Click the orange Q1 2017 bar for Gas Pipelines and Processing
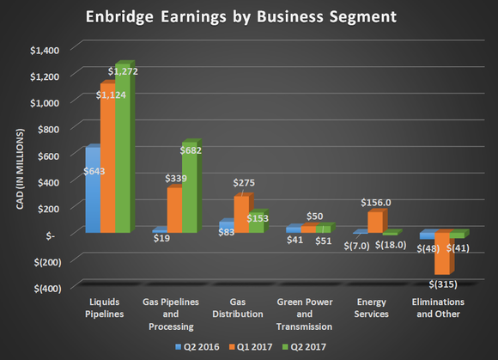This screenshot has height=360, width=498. (173, 211)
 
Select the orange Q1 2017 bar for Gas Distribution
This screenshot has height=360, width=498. (241, 215)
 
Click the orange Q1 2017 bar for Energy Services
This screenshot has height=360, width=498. (373, 222)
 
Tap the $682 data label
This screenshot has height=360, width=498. (190, 151)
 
